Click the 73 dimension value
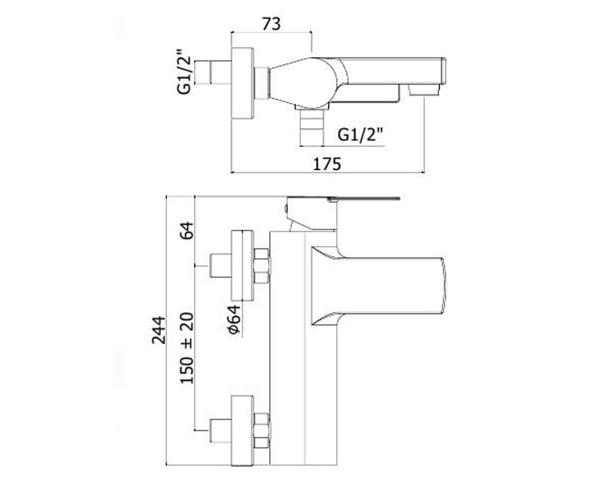271,24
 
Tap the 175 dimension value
327,164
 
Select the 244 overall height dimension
159,330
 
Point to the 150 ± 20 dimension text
187,348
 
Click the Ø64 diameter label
234,319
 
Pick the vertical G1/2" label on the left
184,72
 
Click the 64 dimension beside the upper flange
187,231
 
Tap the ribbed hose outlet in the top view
312,127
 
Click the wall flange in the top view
242,83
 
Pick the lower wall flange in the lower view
242,432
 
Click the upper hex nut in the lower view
262,266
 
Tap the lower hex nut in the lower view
262,431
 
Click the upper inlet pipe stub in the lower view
221,266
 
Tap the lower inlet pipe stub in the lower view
221,431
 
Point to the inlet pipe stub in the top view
221,72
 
